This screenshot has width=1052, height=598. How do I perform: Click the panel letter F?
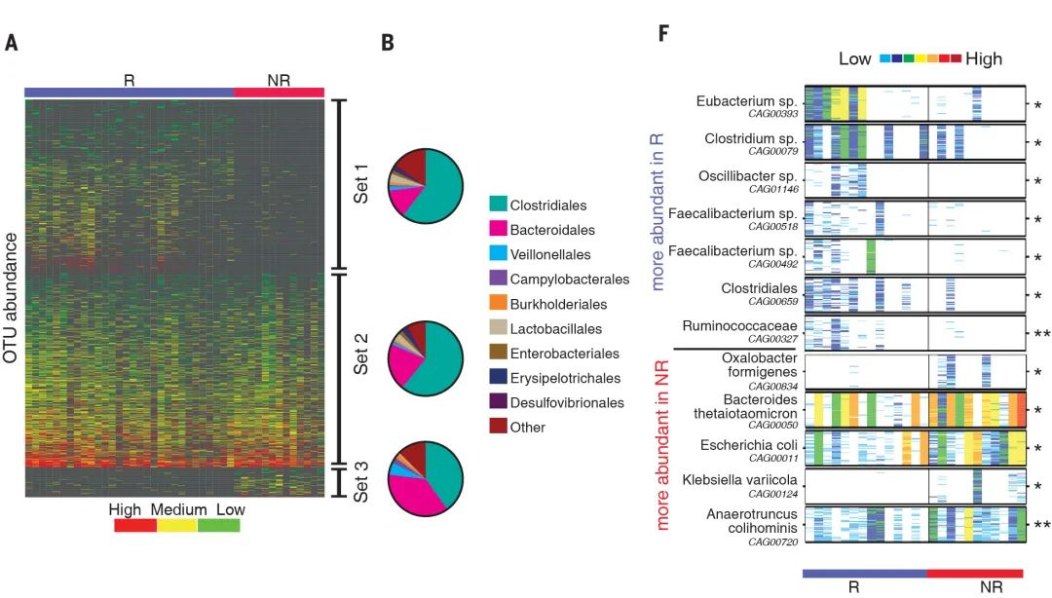tap(663, 33)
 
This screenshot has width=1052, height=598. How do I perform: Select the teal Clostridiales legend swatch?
tap(498, 205)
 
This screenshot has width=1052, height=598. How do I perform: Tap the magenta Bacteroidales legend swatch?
tap(498, 230)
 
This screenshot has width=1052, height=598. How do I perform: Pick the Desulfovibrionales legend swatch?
tap(498, 401)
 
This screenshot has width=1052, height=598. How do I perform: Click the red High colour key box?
tap(134, 526)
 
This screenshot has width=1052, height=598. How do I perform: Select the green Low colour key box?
tap(218, 526)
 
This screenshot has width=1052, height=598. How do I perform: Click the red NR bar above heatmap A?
tap(279, 92)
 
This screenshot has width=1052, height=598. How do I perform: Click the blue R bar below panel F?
tap(864, 574)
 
